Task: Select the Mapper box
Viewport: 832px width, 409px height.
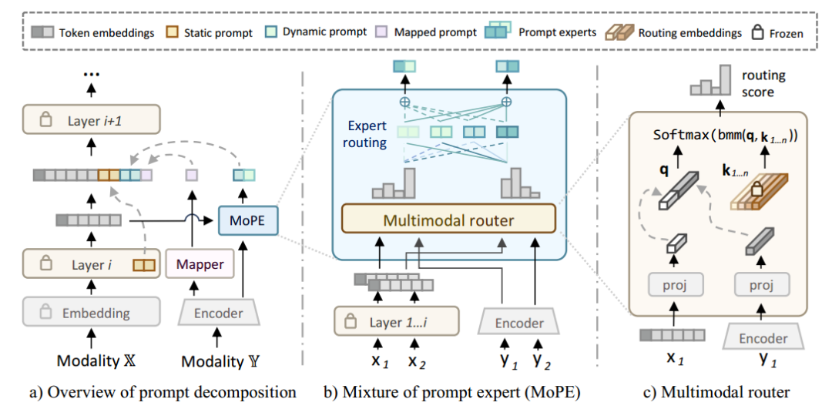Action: point(200,264)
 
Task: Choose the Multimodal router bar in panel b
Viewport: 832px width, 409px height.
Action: point(448,220)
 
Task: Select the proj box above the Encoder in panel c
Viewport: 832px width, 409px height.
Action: point(760,287)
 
